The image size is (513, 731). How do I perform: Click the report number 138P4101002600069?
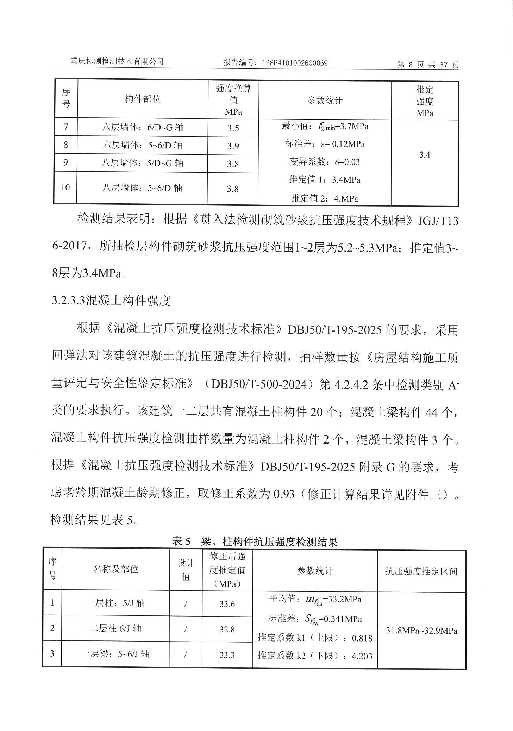[295, 63]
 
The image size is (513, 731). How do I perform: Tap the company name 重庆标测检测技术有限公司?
[117, 61]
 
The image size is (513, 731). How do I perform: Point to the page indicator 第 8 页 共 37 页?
[428, 65]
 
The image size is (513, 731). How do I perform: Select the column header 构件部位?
[143, 99]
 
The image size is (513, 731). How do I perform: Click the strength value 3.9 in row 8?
[233, 146]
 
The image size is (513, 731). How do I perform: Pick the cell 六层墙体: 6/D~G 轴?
[143, 128]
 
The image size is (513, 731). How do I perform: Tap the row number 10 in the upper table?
[65, 187]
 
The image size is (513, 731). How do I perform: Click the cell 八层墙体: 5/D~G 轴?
[143, 163]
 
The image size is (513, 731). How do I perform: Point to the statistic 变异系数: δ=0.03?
[325, 162]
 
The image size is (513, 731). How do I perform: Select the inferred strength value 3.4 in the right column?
[425, 155]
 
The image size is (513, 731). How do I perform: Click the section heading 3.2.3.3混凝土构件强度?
[111, 301]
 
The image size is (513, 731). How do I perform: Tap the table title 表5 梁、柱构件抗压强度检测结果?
[255, 542]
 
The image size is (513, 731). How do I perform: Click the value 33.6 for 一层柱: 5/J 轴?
[227, 604]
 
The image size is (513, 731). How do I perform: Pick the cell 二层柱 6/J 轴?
[115, 628]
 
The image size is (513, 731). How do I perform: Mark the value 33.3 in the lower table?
[227, 655]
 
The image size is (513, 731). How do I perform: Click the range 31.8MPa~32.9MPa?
[421, 631]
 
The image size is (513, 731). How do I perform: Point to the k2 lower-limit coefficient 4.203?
[362, 656]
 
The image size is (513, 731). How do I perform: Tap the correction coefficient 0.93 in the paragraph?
[284, 495]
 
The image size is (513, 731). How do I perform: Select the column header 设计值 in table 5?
[186, 570]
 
